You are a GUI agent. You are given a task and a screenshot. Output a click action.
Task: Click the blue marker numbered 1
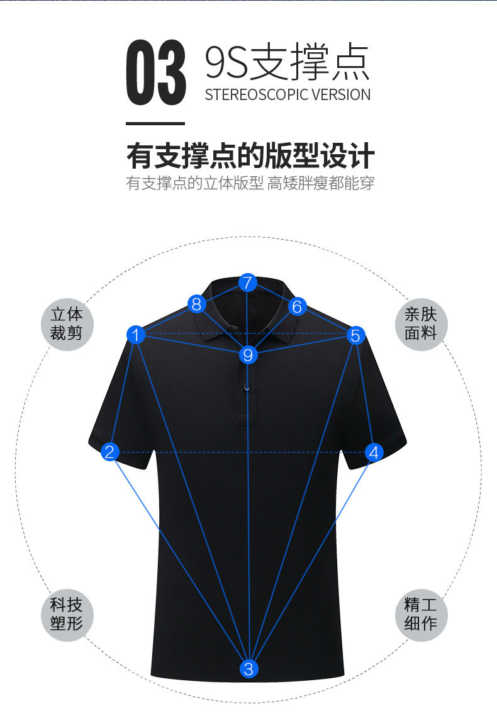coord(136,335)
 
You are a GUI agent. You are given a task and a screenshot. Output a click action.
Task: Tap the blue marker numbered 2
coord(110,452)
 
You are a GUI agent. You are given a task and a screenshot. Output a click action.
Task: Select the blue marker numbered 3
coord(248,668)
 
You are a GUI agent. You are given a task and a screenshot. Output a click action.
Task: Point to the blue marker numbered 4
coord(374,452)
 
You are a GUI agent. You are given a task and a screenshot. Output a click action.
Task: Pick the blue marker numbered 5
coord(355,335)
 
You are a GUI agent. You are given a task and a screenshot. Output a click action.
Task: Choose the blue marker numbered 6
coord(298,306)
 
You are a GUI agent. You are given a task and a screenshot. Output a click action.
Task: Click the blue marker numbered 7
coord(248,283)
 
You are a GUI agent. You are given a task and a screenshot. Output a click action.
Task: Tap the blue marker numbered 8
coord(197,305)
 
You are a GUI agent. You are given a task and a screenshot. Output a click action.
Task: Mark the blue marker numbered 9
coord(248,355)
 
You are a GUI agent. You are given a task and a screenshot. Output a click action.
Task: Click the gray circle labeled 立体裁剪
coord(67,323)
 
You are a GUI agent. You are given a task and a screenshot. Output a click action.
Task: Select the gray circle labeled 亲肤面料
coord(421,323)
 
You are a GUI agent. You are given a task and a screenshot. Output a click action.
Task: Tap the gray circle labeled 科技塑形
coord(67,615)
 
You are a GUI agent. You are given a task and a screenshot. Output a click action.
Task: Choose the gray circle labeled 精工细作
coord(421,615)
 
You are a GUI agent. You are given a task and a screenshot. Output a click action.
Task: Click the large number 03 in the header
coord(156,74)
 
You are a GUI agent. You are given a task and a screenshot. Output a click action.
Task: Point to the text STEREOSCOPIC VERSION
coord(288,95)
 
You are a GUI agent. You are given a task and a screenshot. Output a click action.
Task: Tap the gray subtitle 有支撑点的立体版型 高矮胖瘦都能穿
coord(250,184)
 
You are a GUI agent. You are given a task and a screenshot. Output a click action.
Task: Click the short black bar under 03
coord(155,124)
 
